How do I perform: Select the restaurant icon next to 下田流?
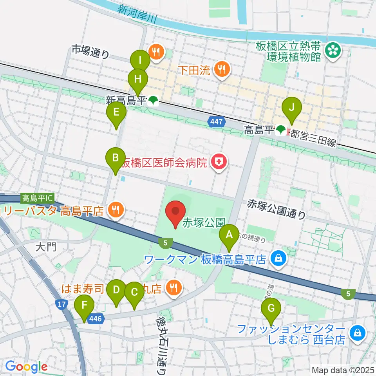(222, 70)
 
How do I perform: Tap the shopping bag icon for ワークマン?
(278, 258)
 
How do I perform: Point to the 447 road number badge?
(218, 122)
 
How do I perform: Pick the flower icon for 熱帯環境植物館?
(333, 50)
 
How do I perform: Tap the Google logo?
(26, 367)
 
